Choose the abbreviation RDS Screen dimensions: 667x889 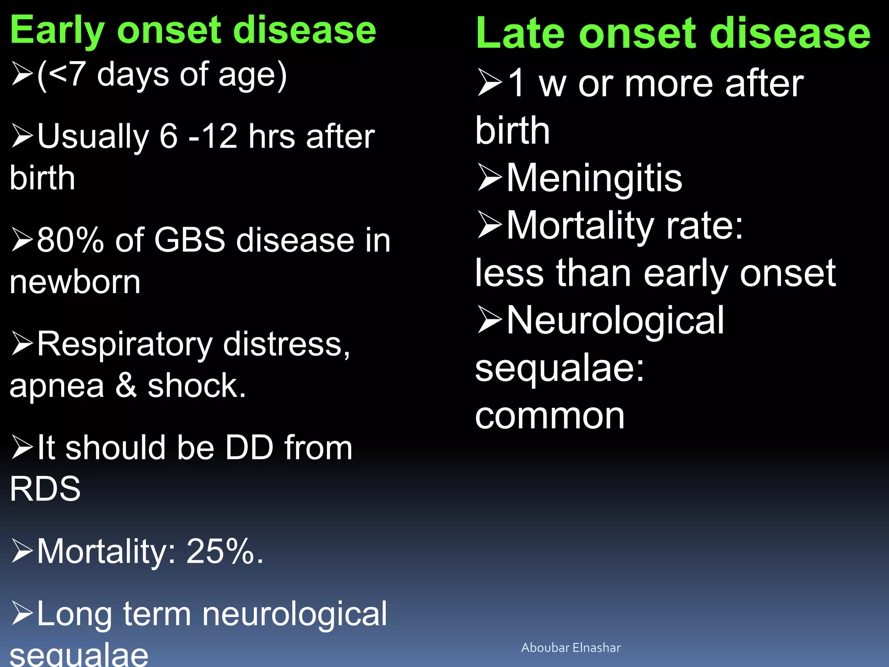pos(45,489)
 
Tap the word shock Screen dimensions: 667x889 pos(196,386)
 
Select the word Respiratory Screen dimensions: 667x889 pos(125,344)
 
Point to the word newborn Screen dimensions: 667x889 pos(75,282)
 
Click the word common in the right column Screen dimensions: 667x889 pos(550,416)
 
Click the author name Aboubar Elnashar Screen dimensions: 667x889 pos(571,647)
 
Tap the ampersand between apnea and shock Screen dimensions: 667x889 pos(126,386)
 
